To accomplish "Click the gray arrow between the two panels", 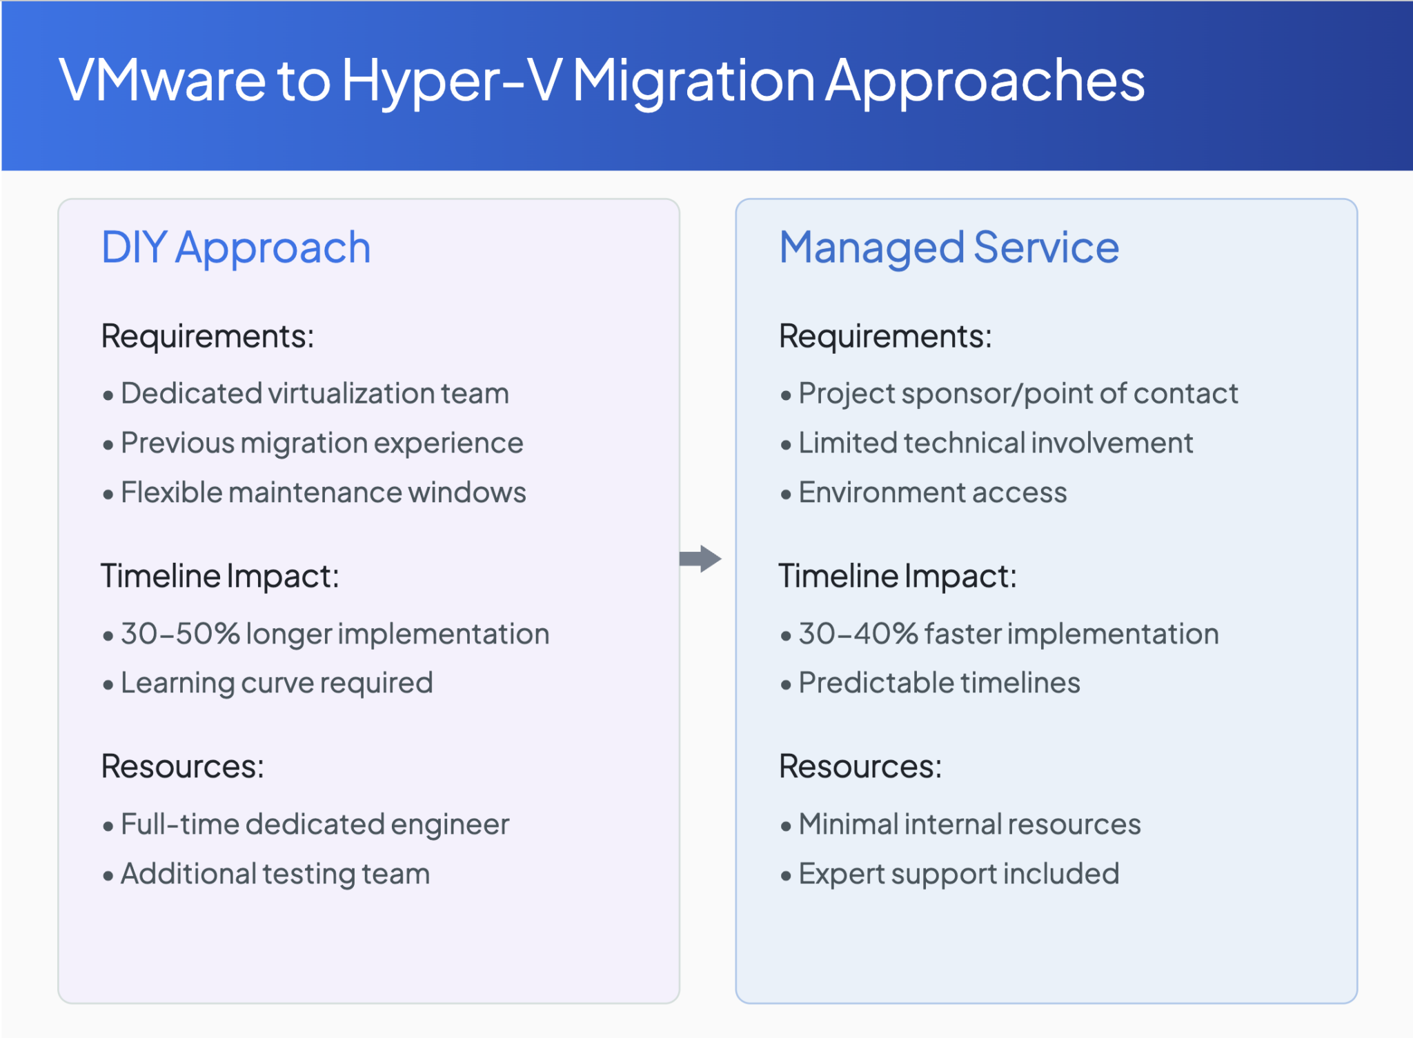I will pos(700,559).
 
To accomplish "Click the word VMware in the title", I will pos(162,81).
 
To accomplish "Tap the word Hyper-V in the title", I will pos(452,81).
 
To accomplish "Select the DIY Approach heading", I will pos(236,248).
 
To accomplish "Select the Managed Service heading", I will pos(949,248).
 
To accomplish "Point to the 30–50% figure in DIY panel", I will pos(180,633).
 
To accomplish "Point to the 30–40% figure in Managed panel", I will pos(858,633).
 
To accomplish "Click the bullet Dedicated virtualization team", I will pos(315,394).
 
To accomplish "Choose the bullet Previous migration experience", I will pos(322,443).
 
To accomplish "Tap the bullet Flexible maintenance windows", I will pos(323,493).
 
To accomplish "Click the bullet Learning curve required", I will pos(277,683).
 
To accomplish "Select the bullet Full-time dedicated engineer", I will pos(315,825).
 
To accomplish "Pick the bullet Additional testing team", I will pos(275,874).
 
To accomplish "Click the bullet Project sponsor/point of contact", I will pos(1018,394).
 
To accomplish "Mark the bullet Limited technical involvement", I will pos(995,443).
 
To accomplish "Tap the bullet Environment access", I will pos(932,493).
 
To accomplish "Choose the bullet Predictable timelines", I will pos(939,683).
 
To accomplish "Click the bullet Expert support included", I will pos(958,874).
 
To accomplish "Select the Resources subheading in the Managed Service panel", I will pos(860,766).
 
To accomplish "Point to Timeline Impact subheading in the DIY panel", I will pos(220,576).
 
